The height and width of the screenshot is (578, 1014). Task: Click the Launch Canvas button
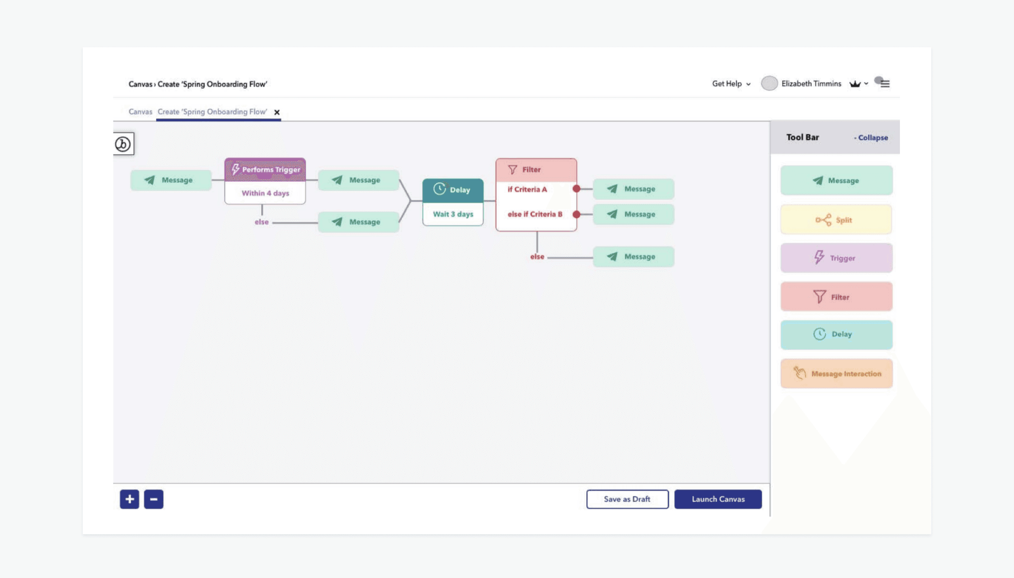[x=718, y=499]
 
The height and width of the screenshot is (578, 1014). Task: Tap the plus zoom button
[x=129, y=499]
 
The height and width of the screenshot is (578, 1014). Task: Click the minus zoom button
[x=154, y=499]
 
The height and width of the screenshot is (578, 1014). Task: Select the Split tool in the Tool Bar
[x=836, y=220]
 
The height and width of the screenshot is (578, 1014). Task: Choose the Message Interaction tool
[x=837, y=374]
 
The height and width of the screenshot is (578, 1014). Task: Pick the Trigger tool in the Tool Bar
[x=836, y=258]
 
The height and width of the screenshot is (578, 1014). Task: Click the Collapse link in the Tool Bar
[x=871, y=137]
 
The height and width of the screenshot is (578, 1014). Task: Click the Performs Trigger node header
[x=265, y=170]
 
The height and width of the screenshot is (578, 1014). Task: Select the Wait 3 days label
[x=453, y=214]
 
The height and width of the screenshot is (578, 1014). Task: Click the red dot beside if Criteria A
[x=577, y=189]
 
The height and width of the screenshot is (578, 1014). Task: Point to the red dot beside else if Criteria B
[x=577, y=215]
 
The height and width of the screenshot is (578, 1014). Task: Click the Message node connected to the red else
[x=633, y=257]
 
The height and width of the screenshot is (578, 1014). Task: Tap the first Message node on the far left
[x=171, y=180]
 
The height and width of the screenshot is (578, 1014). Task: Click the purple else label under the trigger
[x=261, y=222]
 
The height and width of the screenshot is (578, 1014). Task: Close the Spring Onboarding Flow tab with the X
[x=277, y=112]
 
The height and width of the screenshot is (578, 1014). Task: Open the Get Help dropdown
[x=731, y=83]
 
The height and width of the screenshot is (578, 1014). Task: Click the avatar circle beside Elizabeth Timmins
[x=769, y=83]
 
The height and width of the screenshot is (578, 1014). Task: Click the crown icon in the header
[x=855, y=83]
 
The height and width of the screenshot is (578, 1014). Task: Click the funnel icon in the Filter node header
[x=512, y=170]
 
